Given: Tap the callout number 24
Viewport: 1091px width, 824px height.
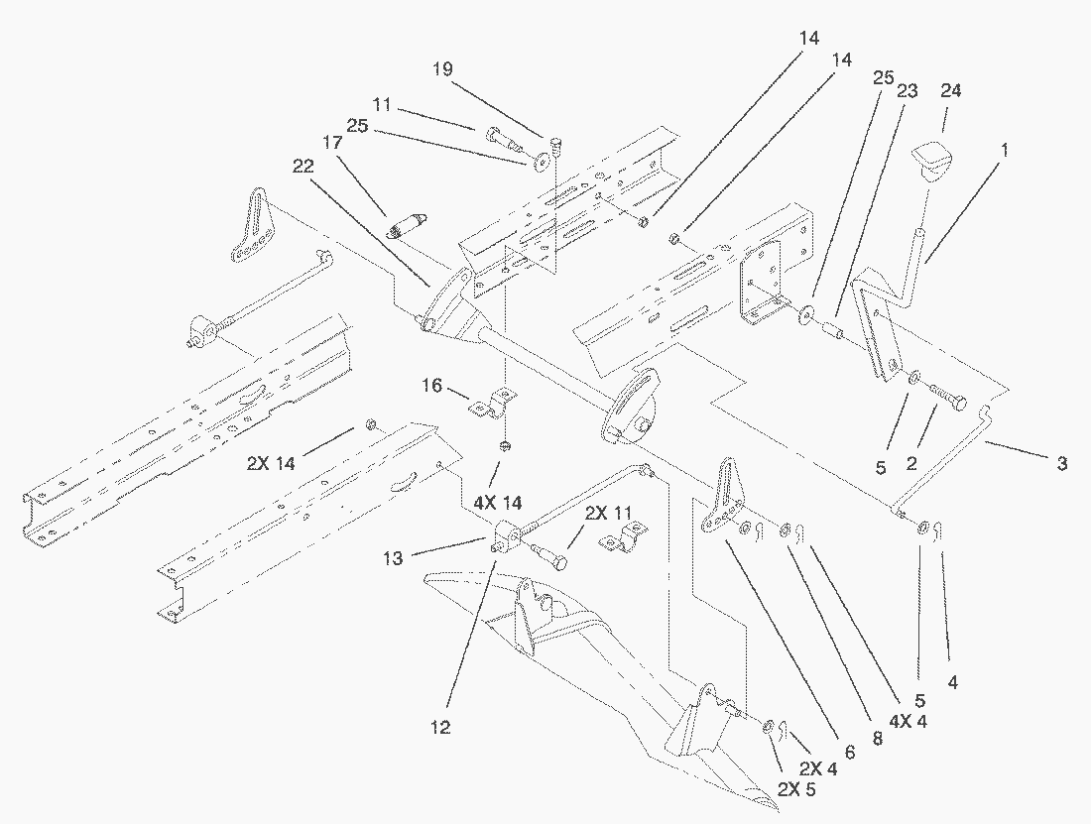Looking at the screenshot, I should pyautogui.click(x=950, y=90).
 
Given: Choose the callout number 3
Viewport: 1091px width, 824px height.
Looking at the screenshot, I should pyautogui.click(x=1061, y=463).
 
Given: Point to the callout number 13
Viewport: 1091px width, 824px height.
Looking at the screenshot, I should pyautogui.click(x=393, y=559).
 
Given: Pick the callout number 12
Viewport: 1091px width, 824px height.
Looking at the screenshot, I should pyautogui.click(x=440, y=728).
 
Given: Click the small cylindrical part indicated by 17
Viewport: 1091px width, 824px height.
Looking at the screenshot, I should pyautogui.click(x=407, y=225).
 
